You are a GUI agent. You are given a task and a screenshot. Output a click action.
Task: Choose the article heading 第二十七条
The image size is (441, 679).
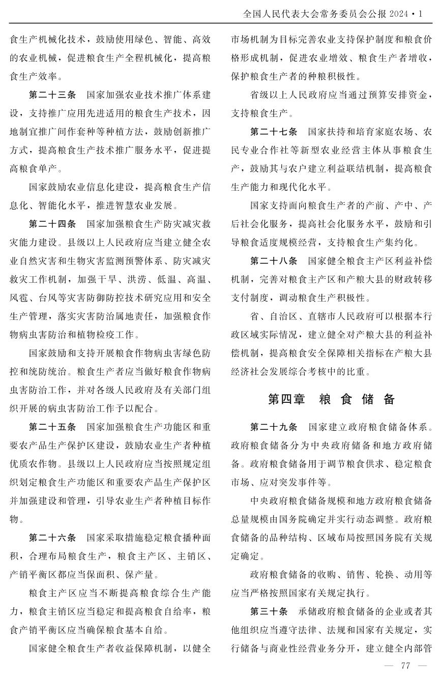click(274, 132)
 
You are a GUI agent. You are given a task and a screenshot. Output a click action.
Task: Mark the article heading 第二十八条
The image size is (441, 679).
click(274, 261)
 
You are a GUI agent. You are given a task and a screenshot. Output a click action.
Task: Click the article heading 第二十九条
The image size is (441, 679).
click(274, 426)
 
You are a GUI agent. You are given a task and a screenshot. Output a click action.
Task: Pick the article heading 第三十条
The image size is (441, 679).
click(269, 611)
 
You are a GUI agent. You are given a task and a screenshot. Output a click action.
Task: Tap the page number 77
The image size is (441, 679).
click(405, 666)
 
